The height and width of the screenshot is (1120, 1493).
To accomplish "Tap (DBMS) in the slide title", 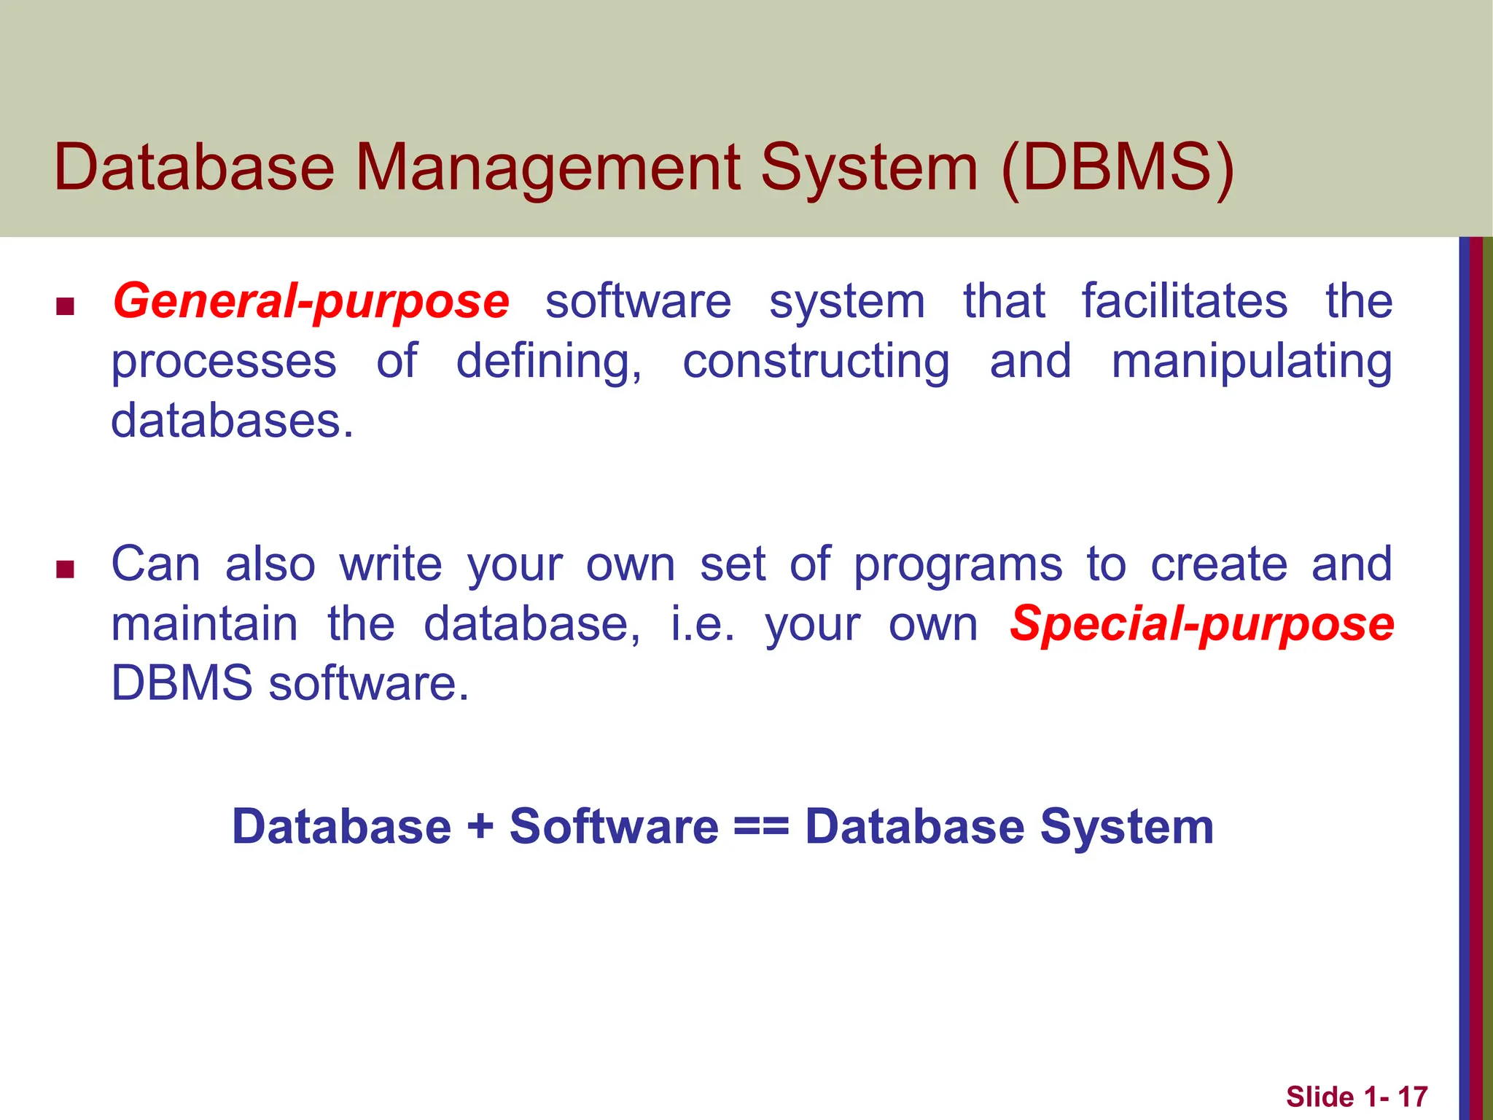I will (x=1118, y=169).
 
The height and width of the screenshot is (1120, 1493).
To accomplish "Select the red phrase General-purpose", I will (x=311, y=302).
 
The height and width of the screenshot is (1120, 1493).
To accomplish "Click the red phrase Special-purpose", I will (x=1201, y=624).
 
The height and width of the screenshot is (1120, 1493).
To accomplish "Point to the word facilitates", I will (x=1184, y=300).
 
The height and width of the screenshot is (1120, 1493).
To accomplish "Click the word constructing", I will (x=816, y=362).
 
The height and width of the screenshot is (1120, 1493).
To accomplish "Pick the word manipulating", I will (x=1251, y=362).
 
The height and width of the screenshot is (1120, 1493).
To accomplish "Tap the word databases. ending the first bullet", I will (x=232, y=421).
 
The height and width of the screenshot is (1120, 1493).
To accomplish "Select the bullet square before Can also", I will (x=66, y=569).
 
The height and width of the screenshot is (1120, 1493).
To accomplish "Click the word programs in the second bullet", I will (x=957, y=565).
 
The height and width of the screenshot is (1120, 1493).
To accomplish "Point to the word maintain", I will (x=205, y=624).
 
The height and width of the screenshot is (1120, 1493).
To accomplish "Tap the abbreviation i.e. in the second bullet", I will (x=702, y=624).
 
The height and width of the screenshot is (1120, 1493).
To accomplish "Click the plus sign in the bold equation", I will (x=480, y=827).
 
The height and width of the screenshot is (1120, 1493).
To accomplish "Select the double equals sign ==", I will (x=761, y=827).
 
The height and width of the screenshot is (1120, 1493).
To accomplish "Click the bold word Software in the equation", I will (x=614, y=827).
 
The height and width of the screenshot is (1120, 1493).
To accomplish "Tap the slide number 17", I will (x=1412, y=1097).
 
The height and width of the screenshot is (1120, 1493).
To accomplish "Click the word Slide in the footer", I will (x=1319, y=1097).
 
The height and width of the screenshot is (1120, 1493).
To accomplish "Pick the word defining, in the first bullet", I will (x=549, y=362).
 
